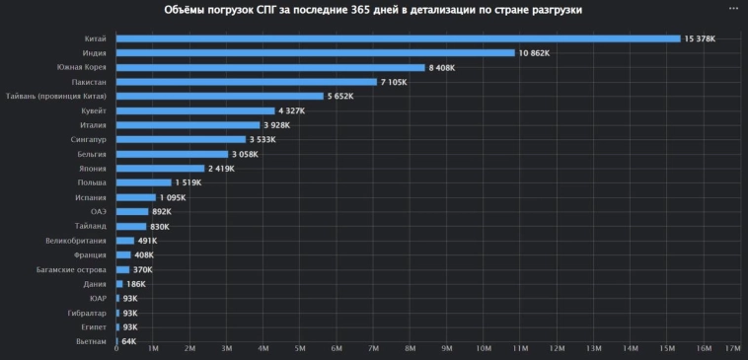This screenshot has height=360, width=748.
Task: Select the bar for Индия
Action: pos(316,53)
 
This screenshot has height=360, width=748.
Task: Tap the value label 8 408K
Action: pos(444,68)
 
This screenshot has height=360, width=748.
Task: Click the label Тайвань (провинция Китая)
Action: pos(63,97)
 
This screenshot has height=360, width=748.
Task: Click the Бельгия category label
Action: pos(91,154)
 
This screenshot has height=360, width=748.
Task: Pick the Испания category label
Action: pos(91,197)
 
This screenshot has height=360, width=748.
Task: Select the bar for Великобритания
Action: pos(124,241)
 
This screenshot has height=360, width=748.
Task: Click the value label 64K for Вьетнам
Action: pos(129,341)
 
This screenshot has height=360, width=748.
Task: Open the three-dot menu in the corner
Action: pos(731,8)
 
